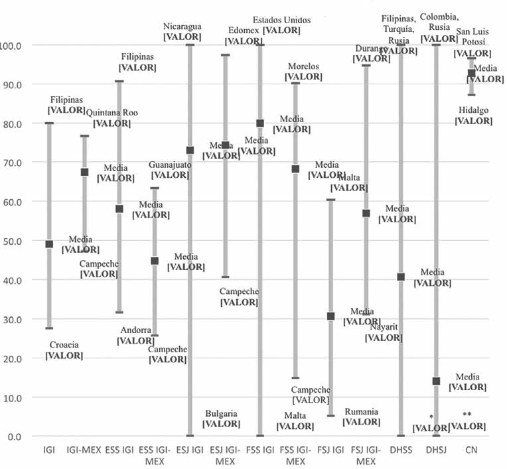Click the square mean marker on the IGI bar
(x=49, y=244)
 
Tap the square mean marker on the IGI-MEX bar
(x=84, y=172)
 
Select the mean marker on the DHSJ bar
(x=436, y=381)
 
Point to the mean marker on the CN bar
(x=471, y=73)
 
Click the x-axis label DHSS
(x=401, y=450)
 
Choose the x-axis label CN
(x=471, y=450)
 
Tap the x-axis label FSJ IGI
(x=330, y=450)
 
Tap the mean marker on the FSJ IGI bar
(x=330, y=316)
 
